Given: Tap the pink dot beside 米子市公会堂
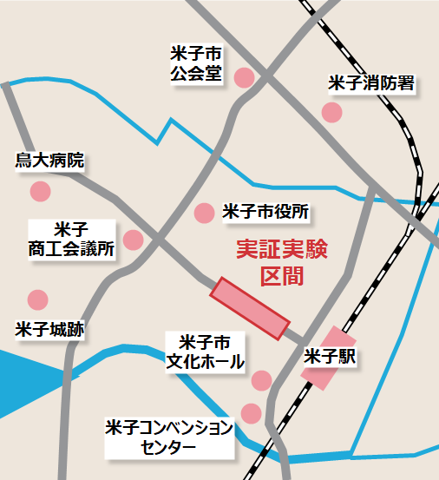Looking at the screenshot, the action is pyautogui.click(x=245, y=77).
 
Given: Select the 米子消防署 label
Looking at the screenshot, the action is pyautogui.click(x=370, y=83).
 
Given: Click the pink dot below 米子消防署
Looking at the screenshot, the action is pyautogui.click(x=331, y=112).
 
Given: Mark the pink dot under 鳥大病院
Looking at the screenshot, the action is pyautogui.click(x=40, y=191).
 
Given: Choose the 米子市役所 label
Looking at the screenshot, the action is pyautogui.click(x=265, y=211).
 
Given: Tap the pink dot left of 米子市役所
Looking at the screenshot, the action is pyautogui.click(x=205, y=212).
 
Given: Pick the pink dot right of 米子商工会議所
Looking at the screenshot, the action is pyautogui.click(x=133, y=240).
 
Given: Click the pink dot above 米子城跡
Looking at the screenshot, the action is pyautogui.click(x=37, y=300).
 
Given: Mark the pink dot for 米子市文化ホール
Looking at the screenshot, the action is pyautogui.click(x=261, y=379).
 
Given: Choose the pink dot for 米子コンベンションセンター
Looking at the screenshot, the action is pyautogui.click(x=251, y=413).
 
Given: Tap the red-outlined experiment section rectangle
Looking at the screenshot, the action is pyautogui.click(x=249, y=308).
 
